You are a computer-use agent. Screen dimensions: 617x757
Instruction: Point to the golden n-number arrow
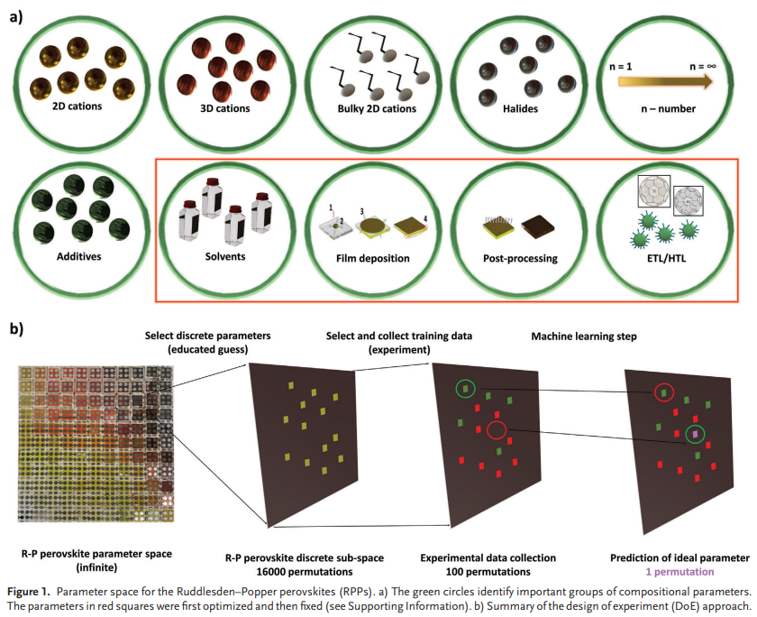(665, 82)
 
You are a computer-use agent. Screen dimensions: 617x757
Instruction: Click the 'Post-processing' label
(520, 258)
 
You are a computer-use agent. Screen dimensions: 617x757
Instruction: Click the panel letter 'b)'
(16, 327)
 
